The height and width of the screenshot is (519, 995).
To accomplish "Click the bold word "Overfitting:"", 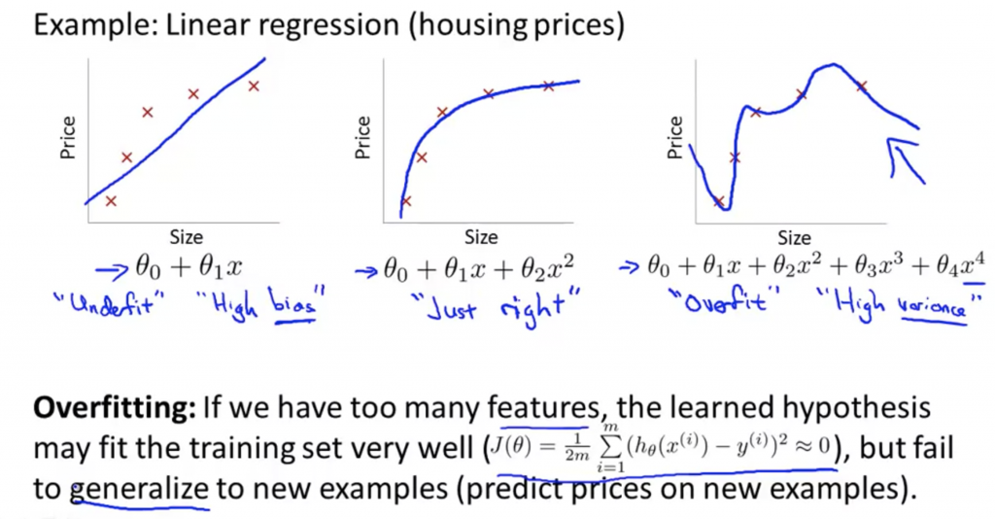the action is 115,408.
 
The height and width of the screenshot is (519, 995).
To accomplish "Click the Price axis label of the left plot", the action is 67,138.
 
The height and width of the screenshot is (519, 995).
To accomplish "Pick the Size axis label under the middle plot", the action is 481,237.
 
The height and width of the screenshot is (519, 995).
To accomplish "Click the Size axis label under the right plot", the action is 795,238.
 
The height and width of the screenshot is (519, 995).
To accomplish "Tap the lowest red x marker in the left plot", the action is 111,201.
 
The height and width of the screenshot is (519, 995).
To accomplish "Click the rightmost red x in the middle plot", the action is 549,86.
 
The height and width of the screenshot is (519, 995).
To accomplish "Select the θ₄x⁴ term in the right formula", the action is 961,265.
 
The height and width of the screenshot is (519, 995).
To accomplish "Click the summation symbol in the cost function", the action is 610,447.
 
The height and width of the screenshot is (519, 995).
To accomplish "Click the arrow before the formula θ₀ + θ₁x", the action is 113,271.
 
